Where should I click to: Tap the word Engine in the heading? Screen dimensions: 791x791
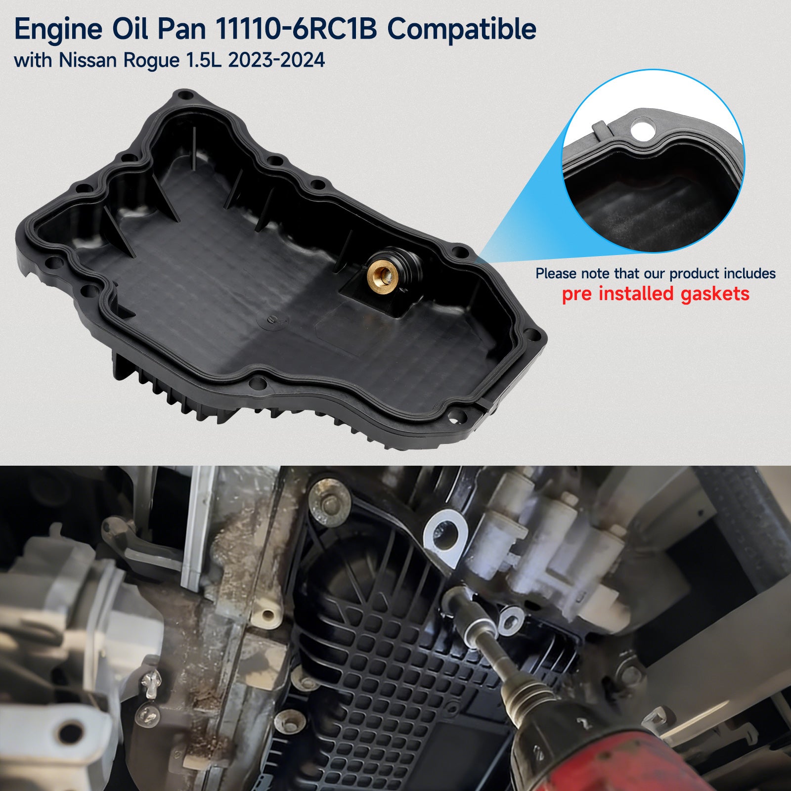click(58, 30)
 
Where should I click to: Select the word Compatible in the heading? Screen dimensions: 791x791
click(462, 30)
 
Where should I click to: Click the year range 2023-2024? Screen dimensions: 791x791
click(277, 60)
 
